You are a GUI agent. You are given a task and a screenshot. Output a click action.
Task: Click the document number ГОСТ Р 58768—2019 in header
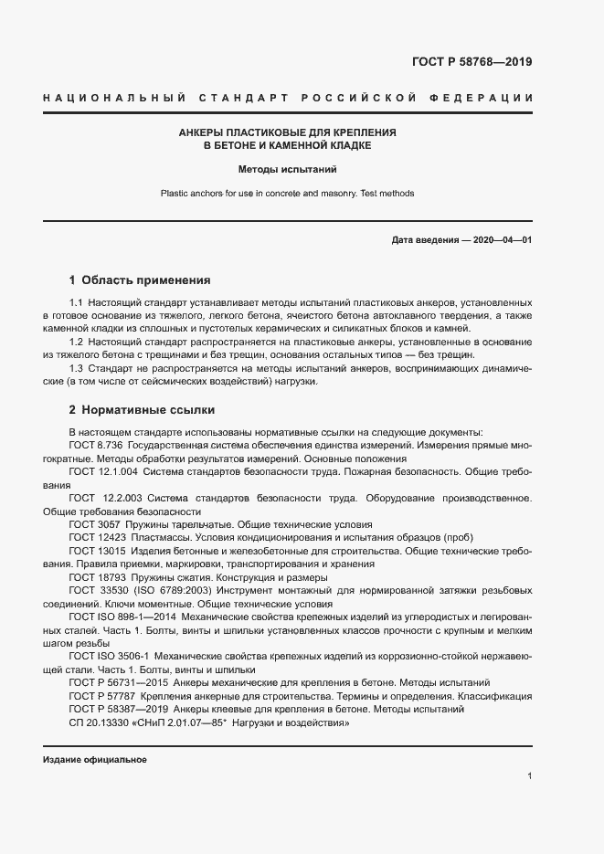(x=472, y=63)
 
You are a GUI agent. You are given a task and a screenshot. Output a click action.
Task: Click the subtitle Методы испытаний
(x=288, y=169)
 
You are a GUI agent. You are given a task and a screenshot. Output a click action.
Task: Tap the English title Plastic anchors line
(x=288, y=194)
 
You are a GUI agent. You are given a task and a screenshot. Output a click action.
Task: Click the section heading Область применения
(x=146, y=279)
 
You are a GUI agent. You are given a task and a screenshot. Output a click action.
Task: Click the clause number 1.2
(x=77, y=342)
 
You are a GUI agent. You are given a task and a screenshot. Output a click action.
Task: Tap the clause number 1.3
(x=77, y=368)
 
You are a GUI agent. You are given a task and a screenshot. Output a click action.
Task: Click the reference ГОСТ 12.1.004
(x=102, y=471)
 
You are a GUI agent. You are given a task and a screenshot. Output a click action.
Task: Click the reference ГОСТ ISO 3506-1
(x=108, y=657)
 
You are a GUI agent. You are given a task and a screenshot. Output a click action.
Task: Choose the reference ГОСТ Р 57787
(x=101, y=696)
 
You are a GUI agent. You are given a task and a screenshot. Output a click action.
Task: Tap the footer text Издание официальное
(x=94, y=760)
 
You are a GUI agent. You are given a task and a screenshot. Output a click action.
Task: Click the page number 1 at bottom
(x=530, y=776)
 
